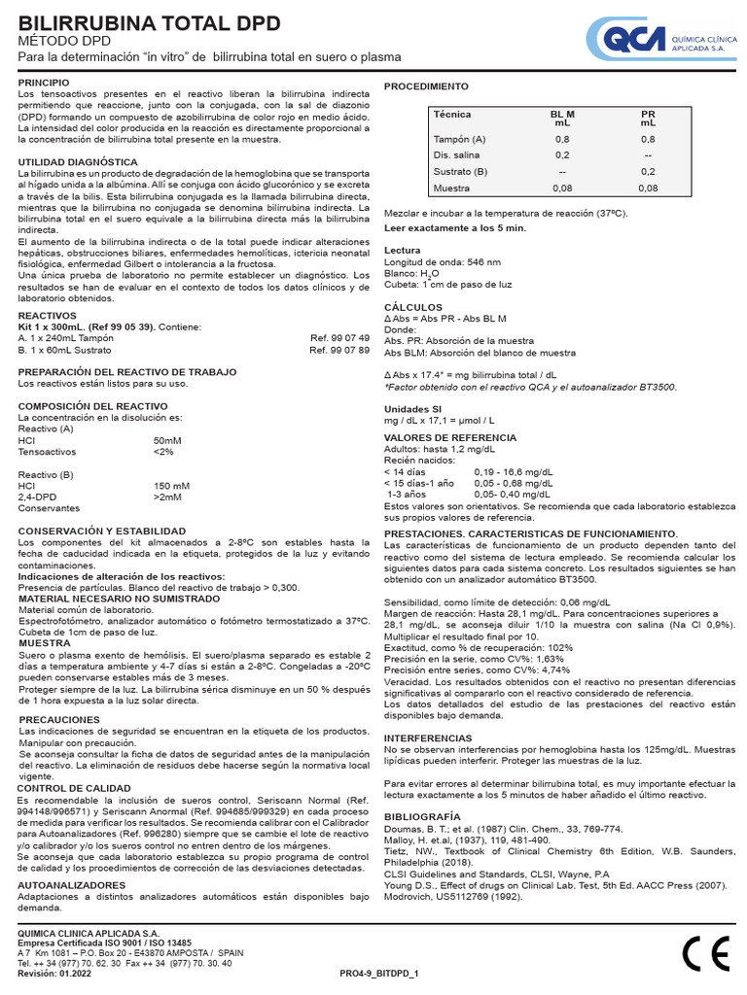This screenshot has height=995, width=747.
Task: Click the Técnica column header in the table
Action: [x=451, y=115]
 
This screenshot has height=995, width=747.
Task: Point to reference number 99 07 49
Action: [x=339, y=337]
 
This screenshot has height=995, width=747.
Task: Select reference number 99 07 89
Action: [x=339, y=349]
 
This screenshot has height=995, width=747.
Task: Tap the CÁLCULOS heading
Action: [x=413, y=306]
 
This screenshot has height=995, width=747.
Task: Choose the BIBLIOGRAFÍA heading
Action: [x=423, y=816]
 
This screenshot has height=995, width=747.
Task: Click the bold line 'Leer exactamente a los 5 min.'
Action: [x=455, y=227]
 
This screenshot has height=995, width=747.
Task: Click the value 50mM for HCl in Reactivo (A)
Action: [x=167, y=440]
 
